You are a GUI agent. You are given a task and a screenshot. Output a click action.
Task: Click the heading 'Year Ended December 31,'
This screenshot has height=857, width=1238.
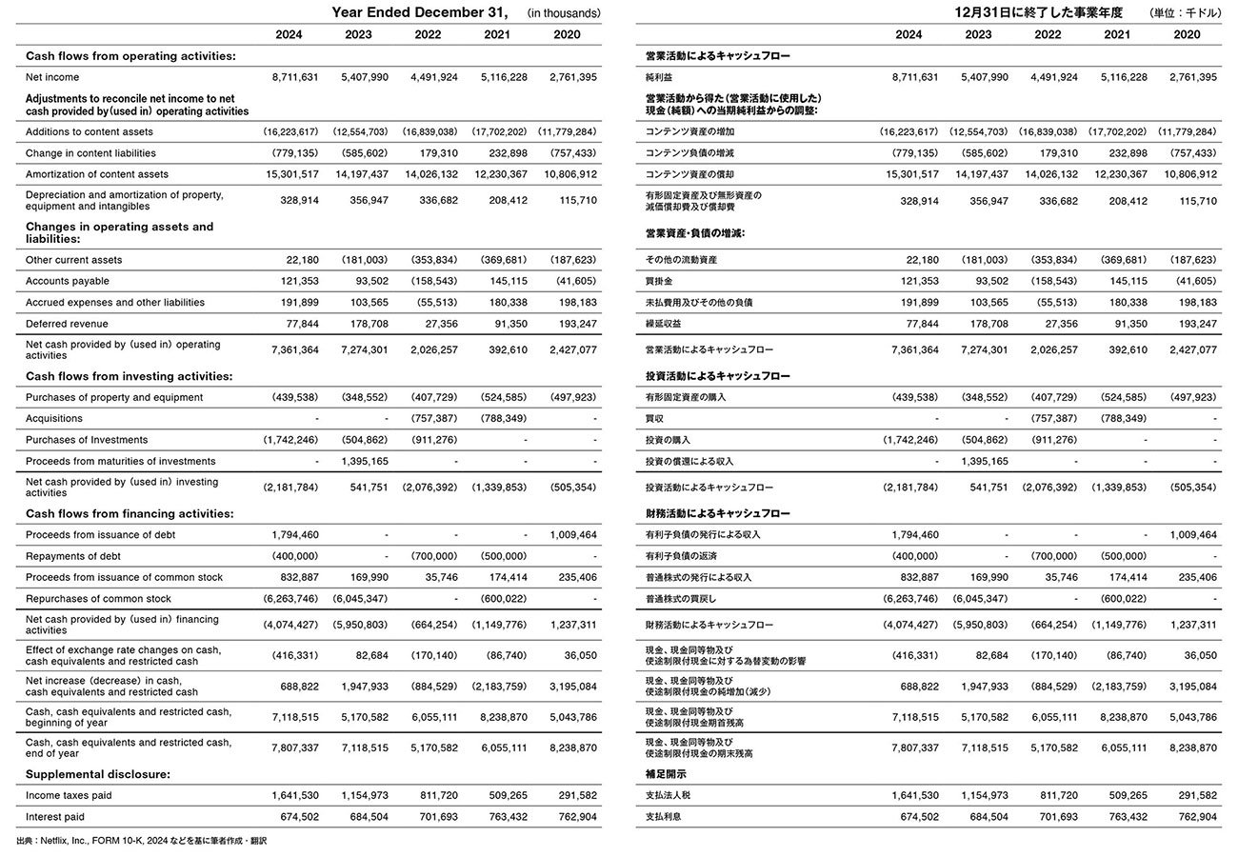coord(419,12)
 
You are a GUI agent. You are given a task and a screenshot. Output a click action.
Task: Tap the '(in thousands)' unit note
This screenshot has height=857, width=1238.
coord(564,13)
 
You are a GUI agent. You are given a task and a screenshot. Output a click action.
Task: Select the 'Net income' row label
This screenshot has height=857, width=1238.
coord(52,77)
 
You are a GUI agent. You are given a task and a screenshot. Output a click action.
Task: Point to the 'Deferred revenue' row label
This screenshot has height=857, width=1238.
coord(67,324)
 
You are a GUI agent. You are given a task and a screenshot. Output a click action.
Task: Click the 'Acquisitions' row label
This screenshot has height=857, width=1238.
coord(54,418)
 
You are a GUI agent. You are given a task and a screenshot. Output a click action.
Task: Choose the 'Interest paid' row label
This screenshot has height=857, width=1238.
coord(55,817)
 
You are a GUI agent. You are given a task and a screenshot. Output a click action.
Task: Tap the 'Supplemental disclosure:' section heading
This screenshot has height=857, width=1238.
coord(98,774)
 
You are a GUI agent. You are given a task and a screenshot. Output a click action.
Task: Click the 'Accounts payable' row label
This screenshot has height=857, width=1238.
coord(68,281)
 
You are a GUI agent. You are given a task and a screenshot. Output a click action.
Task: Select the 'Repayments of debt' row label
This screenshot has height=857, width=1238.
coord(73,556)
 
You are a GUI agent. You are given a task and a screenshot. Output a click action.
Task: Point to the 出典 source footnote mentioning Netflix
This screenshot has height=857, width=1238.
coord(142,841)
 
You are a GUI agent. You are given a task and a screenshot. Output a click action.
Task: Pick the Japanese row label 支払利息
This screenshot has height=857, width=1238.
coord(665,817)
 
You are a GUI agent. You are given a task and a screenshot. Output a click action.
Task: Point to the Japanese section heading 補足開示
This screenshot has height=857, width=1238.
coord(665,774)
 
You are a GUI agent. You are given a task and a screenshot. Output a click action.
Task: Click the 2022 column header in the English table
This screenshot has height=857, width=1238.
coord(428,34)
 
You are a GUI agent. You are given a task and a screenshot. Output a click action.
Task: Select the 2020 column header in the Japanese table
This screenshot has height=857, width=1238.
coord(1187,34)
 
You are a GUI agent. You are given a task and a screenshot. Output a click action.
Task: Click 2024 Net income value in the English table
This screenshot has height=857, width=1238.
coord(295,77)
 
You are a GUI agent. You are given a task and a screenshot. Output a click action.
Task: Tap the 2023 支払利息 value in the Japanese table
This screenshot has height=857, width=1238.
coord(985,817)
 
